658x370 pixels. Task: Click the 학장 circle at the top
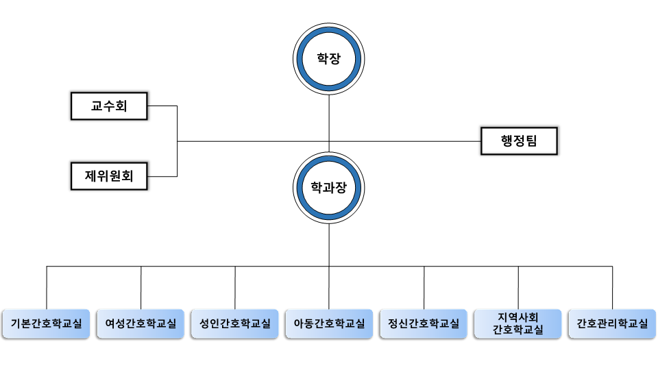tap(329, 58)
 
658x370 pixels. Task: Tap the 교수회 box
tap(109, 106)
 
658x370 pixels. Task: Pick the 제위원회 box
tap(109, 176)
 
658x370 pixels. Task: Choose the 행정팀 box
tap(519, 142)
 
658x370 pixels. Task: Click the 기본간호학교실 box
tap(47, 323)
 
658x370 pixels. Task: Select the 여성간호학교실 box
tap(141, 323)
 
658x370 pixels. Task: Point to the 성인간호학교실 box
tap(235, 323)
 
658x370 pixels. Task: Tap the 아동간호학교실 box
tap(329, 323)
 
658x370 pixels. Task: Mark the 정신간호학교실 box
tap(423, 323)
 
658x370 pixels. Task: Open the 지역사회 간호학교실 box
tap(518, 323)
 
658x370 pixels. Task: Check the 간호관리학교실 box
tap(612, 323)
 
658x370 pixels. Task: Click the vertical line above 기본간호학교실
tap(47, 288)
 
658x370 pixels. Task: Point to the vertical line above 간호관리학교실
tap(612, 288)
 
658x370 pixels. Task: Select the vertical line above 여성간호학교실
tap(141, 288)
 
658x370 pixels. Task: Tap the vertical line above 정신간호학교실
tap(424, 288)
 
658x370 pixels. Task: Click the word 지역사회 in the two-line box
tap(518, 317)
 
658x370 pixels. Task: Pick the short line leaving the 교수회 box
tap(162, 106)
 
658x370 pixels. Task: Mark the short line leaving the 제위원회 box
tap(162, 176)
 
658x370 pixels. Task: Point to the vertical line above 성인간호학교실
tap(235, 288)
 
